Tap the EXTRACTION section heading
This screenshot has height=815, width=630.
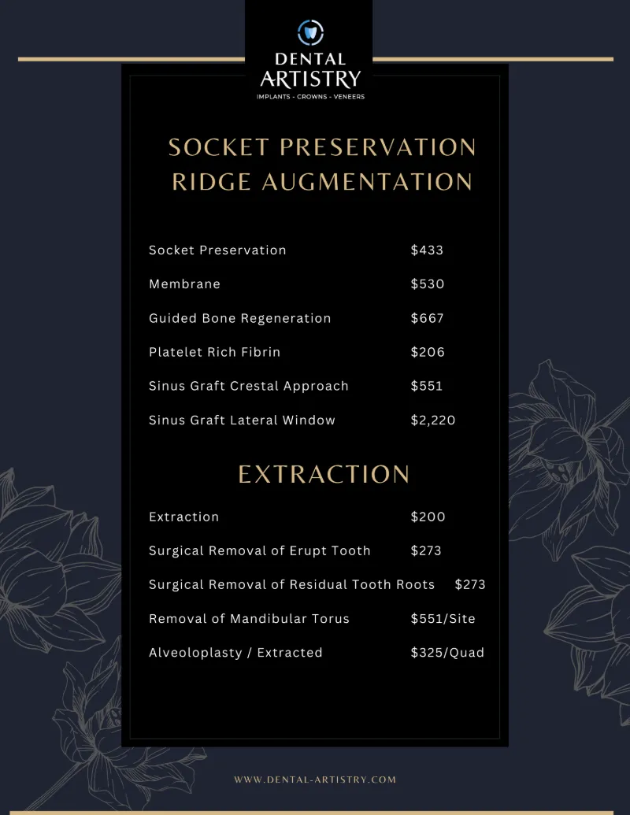pos(324,474)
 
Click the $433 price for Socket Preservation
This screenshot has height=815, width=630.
pos(427,250)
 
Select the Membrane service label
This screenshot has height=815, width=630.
pos(184,284)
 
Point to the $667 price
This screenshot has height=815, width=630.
pos(427,318)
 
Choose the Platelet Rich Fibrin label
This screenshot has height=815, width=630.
pos(214,352)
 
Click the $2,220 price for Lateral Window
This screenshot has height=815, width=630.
pos(433,420)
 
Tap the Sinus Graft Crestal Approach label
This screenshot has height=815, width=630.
pos(248,386)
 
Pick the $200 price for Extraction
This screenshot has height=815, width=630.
pos(428,517)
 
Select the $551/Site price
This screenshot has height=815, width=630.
pos(443,619)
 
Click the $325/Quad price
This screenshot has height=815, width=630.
pos(447,653)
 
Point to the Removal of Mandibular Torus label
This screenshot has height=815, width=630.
pos(249,619)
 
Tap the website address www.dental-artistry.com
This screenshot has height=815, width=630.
pos(315,780)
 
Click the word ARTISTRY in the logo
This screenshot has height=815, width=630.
pos(310,78)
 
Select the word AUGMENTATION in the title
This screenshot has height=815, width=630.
pos(366,182)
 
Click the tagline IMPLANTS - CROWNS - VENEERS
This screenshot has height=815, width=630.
pos(310,97)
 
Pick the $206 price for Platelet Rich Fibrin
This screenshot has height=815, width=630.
pos(428,352)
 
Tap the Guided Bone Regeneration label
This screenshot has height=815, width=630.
pos(239,318)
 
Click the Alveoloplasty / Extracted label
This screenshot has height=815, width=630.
pos(235,653)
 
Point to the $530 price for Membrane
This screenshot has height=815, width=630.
pos(428,284)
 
